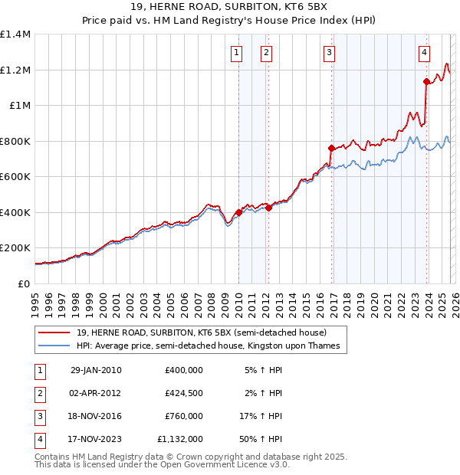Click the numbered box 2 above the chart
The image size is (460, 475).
point(265,53)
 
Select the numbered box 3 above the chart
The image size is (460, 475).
point(329,53)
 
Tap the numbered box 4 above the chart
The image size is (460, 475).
point(424,53)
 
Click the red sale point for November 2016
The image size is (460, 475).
point(331,148)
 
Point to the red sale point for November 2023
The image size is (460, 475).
point(426,81)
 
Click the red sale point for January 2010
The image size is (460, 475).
point(238,213)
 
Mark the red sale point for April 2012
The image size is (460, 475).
point(268,208)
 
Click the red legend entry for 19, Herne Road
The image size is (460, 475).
point(202,332)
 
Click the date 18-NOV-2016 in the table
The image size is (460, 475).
point(95,416)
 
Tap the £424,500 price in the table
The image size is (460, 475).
point(183,393)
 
